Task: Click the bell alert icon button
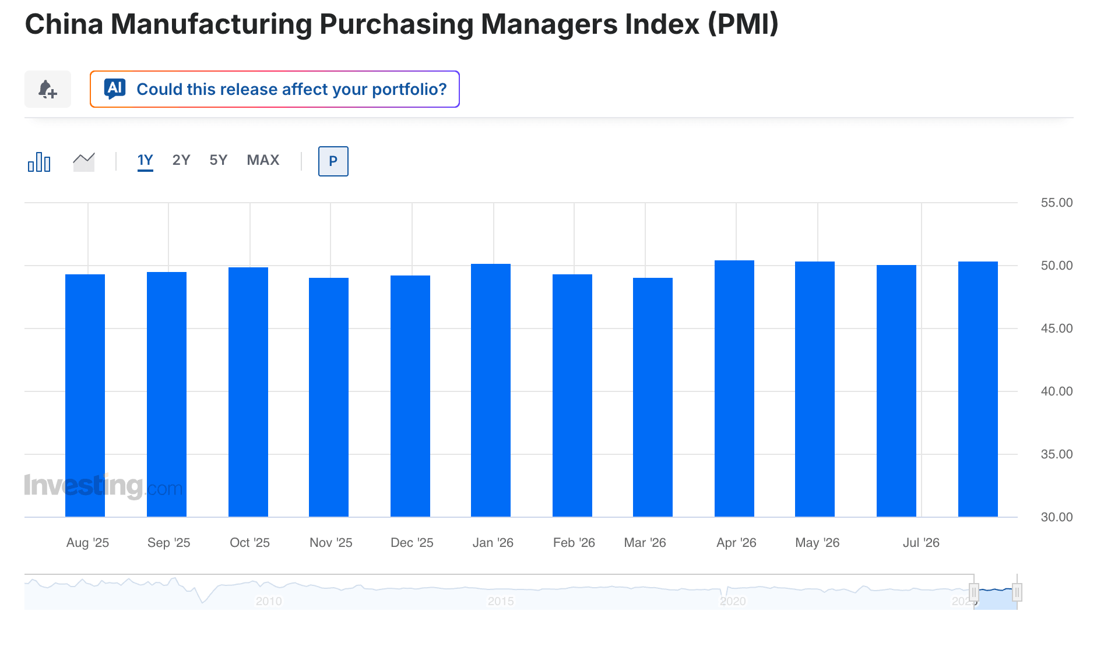[47, 89]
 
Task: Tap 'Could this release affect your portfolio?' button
[275, 89]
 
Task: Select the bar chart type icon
[39, 161]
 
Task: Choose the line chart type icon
[84, 161]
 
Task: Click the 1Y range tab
[145, 160]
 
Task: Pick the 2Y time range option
[181, 160]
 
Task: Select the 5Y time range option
[219, 160]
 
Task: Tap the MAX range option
[263, 160]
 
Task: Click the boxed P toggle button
[333, 161]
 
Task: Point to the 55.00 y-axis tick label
[1057, 203]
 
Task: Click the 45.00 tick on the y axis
[1057, 328]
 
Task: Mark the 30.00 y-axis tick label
[1057, 517]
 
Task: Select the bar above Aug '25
[85, 395]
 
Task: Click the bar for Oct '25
[248, 392]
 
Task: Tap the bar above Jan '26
[491, 390]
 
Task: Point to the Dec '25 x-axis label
[412, 543]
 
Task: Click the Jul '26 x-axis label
[921, 543]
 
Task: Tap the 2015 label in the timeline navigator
[501, 601]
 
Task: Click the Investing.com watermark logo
[103, 486]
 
